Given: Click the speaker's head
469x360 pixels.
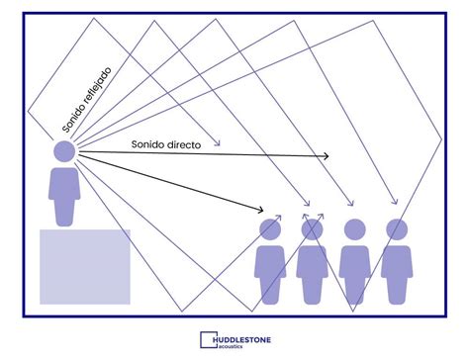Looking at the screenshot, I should pyautogui.click(x=64, y=151).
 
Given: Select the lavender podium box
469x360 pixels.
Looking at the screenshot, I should pyautogui.click(x=84, y=265).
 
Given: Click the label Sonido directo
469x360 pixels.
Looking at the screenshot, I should pyautogui.click(x=166, y=144).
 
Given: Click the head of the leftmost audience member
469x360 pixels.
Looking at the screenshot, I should pyautogui.click(x=270, y=229).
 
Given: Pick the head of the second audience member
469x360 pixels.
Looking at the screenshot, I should pyautogui.click(x=313, y=229).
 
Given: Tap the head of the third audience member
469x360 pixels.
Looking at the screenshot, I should pyautogui.click(x=354, y=229).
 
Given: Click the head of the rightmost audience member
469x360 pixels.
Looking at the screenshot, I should pyautogui.click(x=397, y=229).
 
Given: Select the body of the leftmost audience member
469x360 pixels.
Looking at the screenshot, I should pyautogui.click(x=270, y=272).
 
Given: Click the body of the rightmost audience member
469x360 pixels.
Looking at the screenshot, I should pyautogui.click(x=397, y=272).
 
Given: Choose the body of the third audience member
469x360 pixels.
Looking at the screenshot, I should pyautogui.click(x=354, y=272).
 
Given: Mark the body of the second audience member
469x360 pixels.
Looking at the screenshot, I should pyautogui.click(x=313, y=272).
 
